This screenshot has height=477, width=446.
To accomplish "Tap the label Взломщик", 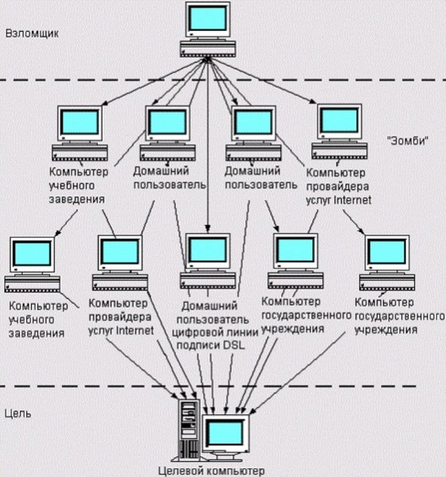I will click(x=29, y=34).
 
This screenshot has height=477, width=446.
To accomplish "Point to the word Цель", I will click(x=18, y=413).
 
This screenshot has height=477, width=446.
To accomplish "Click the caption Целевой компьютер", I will click(x=210, y=470).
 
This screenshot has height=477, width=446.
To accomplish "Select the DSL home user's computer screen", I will click(x=207, y=251).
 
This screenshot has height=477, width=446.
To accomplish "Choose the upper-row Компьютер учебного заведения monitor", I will click(x=78, y=123).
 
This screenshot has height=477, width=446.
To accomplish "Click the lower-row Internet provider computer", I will click(x=119, y=254).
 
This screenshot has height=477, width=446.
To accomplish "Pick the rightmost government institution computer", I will click(x=386, y=254).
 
